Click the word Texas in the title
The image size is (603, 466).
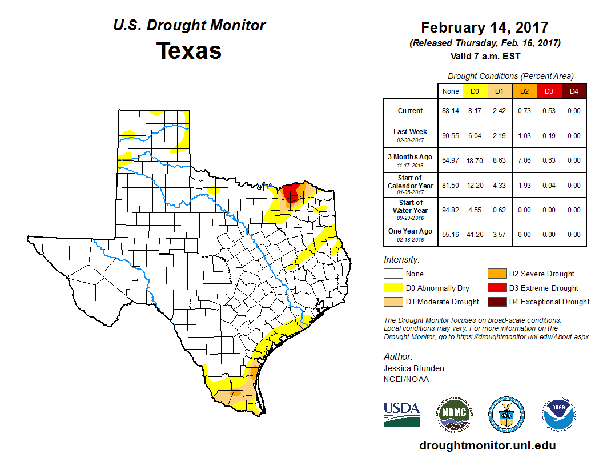click(x=189, y=51)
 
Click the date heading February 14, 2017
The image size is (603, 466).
click(x=485, y=27)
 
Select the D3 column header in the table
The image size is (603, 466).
click(x=548, y=90)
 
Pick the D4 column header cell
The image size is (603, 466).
click(x=574, y=90)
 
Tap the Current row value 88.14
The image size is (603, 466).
click(x=451, y=111)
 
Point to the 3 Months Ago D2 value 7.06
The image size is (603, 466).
click(x=524, y=161)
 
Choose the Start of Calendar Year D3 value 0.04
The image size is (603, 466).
click(x=548, y=186)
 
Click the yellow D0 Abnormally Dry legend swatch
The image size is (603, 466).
click(x=393, y=288)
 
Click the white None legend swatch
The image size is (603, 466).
click(x=393, y=274)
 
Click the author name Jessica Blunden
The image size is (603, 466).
click(x=413, y=368)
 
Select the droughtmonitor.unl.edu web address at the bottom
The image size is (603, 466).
click(x=487, y=445)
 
